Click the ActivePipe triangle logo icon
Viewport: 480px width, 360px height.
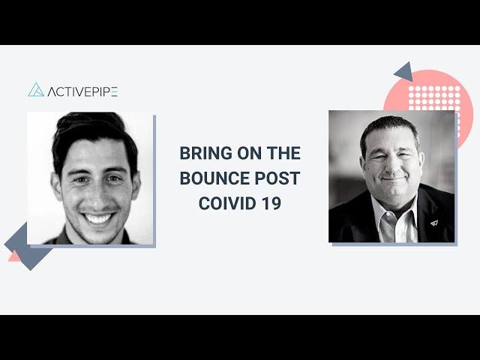[x=36, y=90]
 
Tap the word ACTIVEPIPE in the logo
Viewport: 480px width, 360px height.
[x=82, y=91]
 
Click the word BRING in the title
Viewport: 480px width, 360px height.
[x=205, y=153]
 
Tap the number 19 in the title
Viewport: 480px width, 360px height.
[x=271, y=203]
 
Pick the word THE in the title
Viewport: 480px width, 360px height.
[x=283, y=153]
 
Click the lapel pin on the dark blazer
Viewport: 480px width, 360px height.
[x=434, y=223]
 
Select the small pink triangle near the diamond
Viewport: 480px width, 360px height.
[x=13, y=256]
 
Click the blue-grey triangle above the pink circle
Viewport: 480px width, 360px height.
[x=404, y=72]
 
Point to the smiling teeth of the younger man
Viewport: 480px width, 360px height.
[x=98, y=218]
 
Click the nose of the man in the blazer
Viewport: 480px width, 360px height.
[x=391, y=166]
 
